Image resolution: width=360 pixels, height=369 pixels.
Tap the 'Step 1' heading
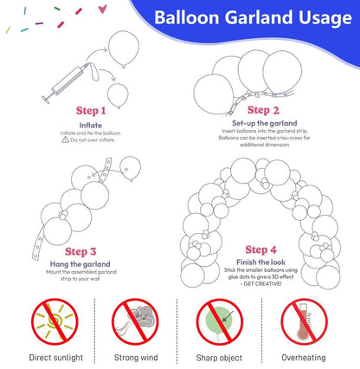coord(92,111)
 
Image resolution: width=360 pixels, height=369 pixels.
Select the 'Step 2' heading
coord(263,110)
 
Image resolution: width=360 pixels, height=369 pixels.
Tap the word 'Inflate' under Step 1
coord(92,124)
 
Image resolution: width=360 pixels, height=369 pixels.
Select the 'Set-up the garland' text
coord(263,123)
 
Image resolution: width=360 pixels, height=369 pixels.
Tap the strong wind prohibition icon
coord(136,320)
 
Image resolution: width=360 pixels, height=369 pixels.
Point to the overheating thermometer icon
coord(304,320)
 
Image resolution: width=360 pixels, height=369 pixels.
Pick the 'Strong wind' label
coord(136,356)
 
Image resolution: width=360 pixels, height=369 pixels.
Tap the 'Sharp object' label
coord(221,356)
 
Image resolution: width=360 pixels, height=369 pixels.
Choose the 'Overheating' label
coord(304,356)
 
